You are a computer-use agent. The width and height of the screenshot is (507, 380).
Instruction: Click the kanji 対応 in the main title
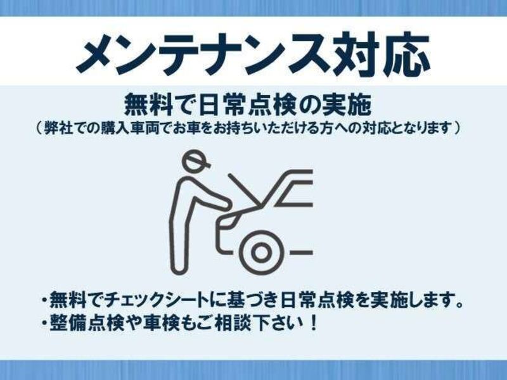(x=382, y=53)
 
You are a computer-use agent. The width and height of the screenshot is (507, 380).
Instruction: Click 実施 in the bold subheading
(x=347, y=104)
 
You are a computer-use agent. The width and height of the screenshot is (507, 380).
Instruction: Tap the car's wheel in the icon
(x=261, y=252)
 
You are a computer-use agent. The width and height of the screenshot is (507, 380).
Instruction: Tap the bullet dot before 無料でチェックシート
(x=44, y=300)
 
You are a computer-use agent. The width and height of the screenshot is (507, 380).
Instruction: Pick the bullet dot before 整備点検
(x=44, y=323)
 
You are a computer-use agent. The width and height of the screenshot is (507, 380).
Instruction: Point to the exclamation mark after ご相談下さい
(x=313, y=323)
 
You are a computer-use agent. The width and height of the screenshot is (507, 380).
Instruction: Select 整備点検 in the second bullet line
(x=87, y=323)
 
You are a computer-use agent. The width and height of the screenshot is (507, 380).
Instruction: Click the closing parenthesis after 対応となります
(x=457, y=129)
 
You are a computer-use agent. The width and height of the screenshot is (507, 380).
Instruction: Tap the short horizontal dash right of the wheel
(x=302, y=252)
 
